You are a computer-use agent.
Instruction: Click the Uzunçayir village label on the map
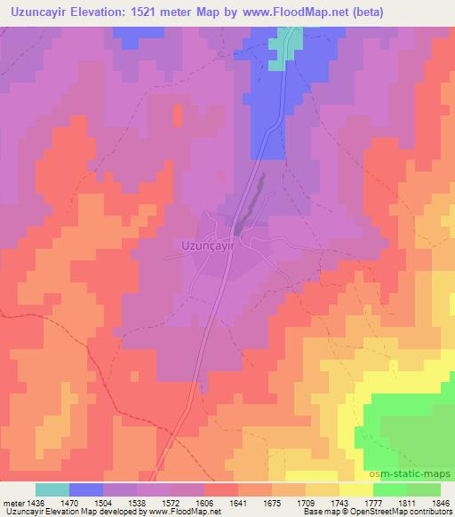[x=206, y=243]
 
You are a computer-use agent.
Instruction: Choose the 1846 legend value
[x=440, y=501]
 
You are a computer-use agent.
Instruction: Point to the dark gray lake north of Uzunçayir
[x=254, y=200]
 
